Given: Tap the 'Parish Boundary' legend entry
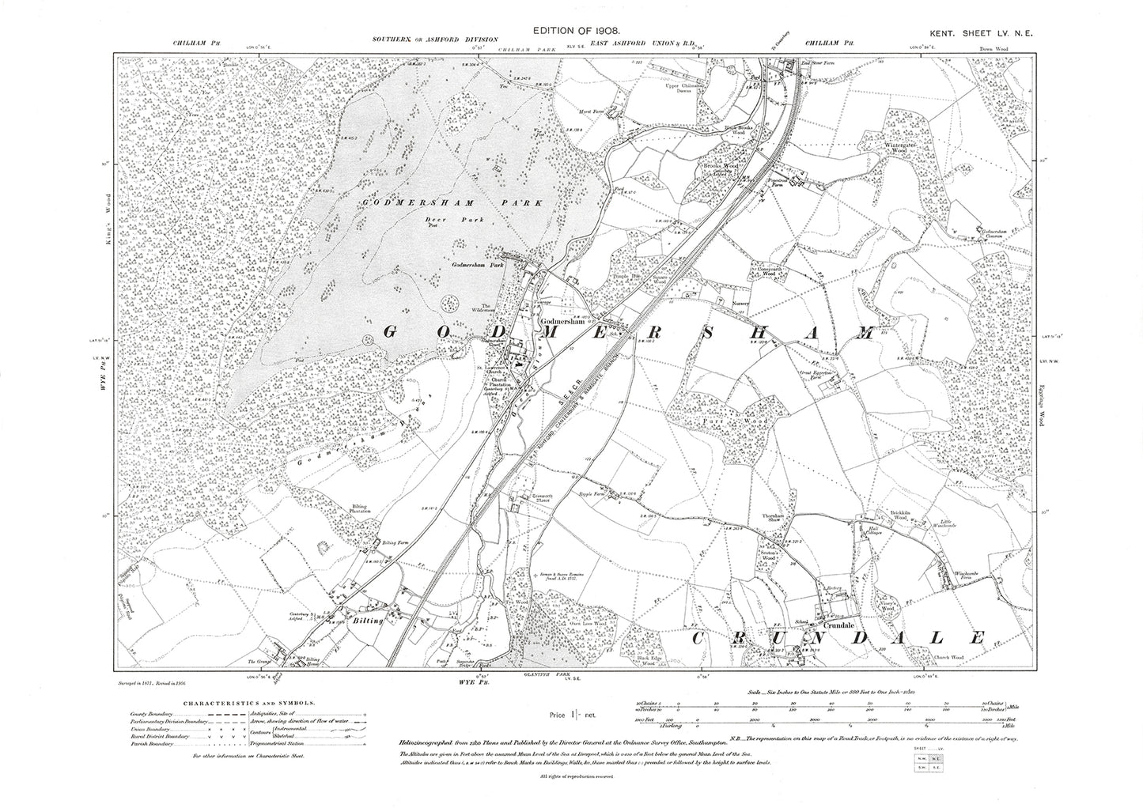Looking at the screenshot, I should click(151, 744).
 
